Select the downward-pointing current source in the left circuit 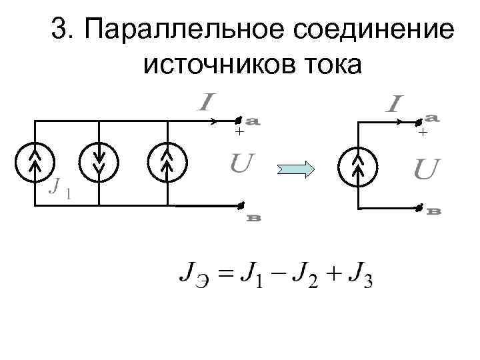(x=99, y=163)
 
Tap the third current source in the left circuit (x=167, y=163)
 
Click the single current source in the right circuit (x=359, y=163)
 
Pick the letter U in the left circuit (x=241, y=162)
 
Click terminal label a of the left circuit (x=253, y=122)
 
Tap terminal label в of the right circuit (x=435, y=211)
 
